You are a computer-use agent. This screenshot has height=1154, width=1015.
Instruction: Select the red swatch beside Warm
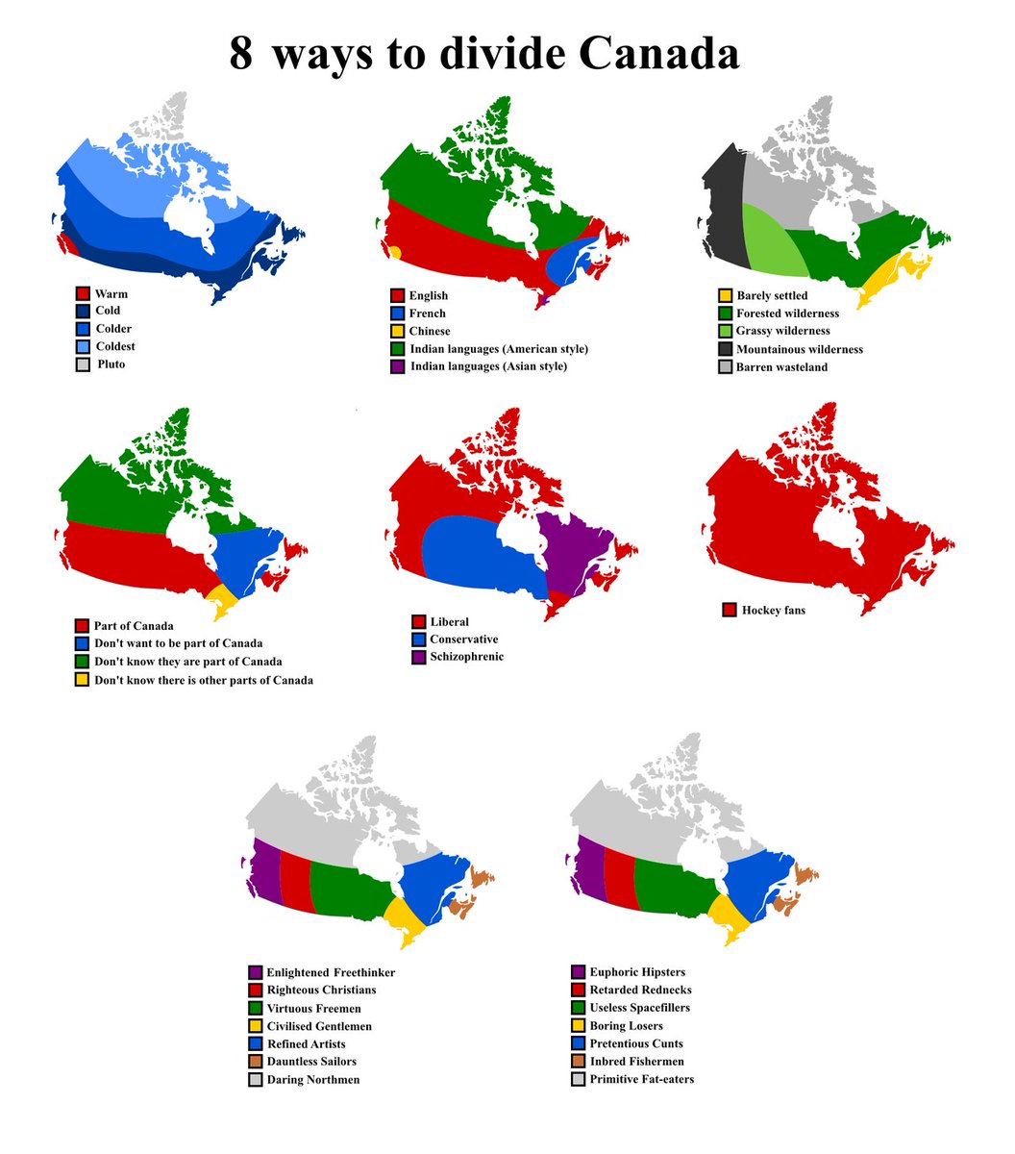(x=83, y=293)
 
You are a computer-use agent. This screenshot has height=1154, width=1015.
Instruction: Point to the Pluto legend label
(x=111, y=364)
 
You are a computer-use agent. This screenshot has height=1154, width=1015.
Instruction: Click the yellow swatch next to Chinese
(x=397, y=331)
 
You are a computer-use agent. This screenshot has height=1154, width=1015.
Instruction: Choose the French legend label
(x=427, y=314)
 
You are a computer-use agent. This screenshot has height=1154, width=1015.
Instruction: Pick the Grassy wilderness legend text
(x=782, y=331)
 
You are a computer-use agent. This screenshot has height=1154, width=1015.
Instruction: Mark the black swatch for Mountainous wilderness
(x=726, y=349)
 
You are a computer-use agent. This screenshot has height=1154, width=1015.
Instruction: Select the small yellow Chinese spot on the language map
(x=393, y=253)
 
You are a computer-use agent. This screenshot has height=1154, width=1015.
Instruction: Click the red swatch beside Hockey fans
(x=730, y=610)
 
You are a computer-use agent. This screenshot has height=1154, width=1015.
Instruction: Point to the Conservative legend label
(x=463, y=640)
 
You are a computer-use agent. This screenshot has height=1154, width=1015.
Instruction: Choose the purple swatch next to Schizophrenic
(x=418, y=657)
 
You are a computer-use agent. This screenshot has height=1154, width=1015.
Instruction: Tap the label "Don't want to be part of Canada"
(x=178, y=643)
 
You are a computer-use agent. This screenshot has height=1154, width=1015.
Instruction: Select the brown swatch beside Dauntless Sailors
(x=256, y=1062)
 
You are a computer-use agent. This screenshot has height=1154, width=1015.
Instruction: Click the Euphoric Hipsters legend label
(x=637, y=972)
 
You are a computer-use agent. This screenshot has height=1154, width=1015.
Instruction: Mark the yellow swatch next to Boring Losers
(x=578, y=1026)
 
